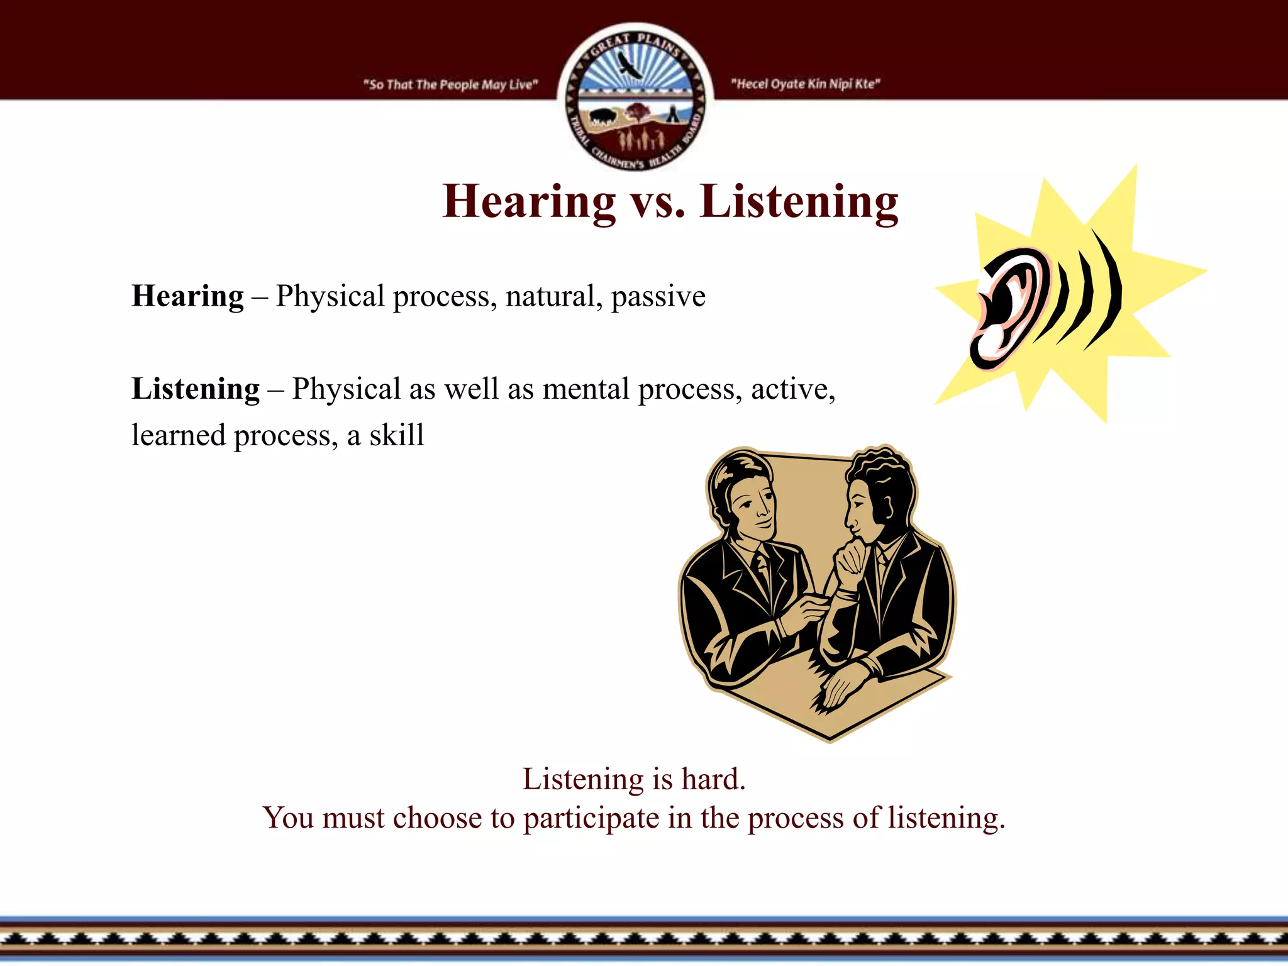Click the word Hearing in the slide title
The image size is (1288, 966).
[x=529, y=202]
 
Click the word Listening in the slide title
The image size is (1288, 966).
[x=799, y=202]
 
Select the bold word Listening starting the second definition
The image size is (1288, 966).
[x=195, y=389]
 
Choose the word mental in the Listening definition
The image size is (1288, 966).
[x=586, y=389]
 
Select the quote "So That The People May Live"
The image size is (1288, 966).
[x=450, y=84]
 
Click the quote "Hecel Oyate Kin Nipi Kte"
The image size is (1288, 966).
[x=806, y=84]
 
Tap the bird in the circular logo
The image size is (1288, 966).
[x=630, y=65]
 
